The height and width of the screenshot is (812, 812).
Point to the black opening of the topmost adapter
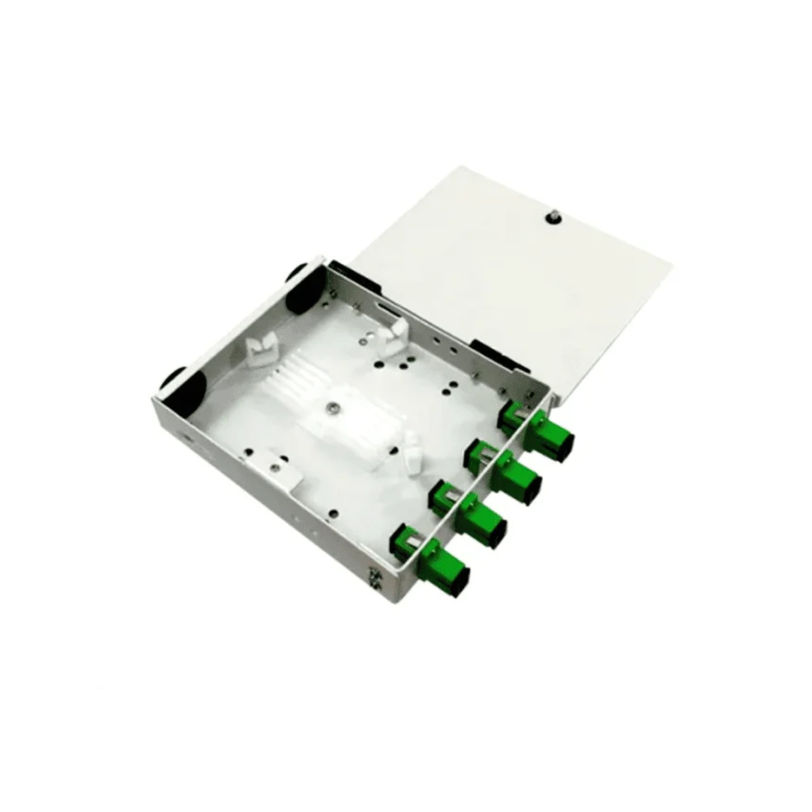click(x=567, y=444)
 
